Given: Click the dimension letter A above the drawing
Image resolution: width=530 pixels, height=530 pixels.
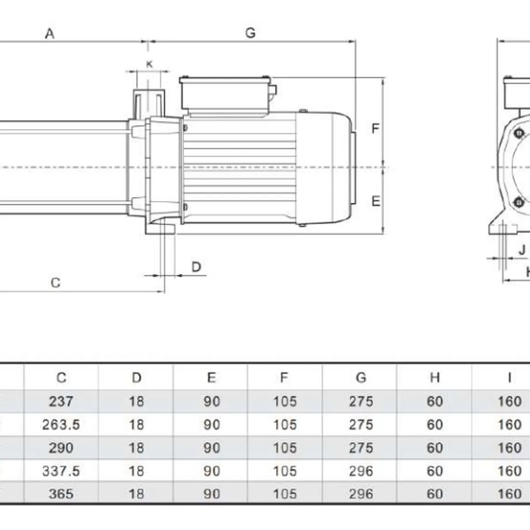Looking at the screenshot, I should pos(49,34).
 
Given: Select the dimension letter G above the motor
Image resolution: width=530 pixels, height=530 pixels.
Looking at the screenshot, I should pos(250,33).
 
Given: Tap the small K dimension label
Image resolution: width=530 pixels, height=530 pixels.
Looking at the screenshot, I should pos(149,64).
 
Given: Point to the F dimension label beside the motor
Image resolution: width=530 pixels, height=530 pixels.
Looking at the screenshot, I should pos(375,129).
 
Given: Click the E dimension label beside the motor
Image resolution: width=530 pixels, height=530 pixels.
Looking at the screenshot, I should pos(375,201).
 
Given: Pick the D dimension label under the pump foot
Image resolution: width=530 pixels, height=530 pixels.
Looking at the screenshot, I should pos(197,267).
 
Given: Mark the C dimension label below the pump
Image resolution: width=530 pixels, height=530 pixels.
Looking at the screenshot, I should pos(55,283).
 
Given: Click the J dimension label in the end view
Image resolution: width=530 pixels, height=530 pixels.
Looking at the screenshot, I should pos(522,250).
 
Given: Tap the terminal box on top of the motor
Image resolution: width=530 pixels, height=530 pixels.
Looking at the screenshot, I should pos(226,95).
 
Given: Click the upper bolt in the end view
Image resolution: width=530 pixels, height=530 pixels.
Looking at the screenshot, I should pos(519,133).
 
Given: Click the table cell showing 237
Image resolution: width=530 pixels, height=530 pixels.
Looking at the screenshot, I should pos(61,401).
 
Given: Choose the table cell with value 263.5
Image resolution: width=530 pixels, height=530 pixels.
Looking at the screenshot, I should pos(61,424).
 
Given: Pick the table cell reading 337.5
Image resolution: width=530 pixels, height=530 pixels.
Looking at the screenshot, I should pos(61,471).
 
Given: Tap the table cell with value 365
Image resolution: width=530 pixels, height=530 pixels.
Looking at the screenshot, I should pos(61,494).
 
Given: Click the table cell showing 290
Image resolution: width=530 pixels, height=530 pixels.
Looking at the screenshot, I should pos(61,448).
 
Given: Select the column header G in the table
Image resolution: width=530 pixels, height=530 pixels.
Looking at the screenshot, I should pos(360,378).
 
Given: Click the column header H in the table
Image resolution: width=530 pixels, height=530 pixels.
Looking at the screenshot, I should pos(435,378).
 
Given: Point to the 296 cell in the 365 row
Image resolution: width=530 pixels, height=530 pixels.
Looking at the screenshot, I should pos(360,494).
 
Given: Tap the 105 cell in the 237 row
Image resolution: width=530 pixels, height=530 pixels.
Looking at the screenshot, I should pos(284,401).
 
